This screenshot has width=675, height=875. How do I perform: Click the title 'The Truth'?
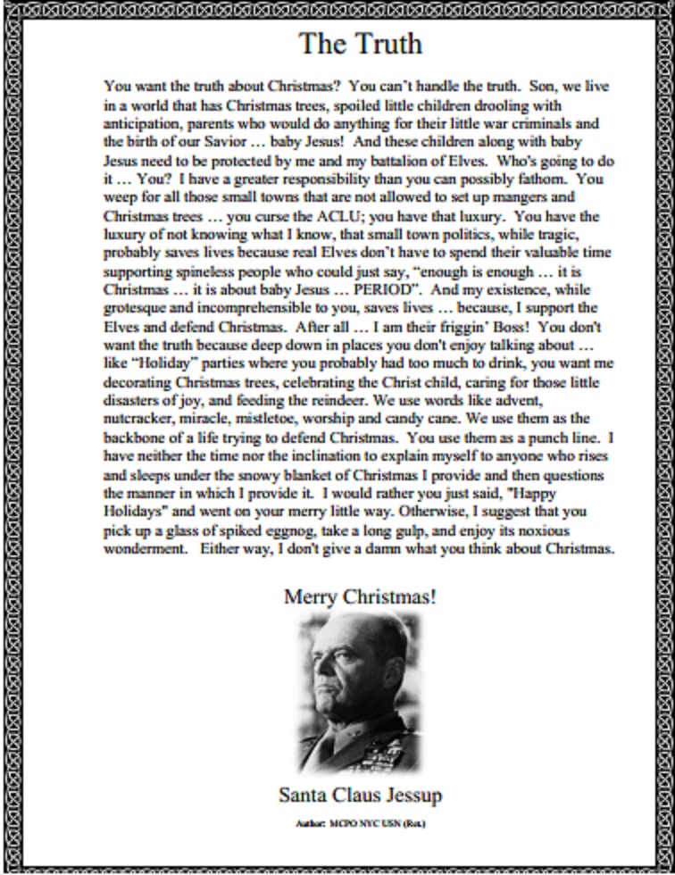coord(360,44)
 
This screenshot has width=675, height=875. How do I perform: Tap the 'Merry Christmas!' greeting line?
coord(360,596)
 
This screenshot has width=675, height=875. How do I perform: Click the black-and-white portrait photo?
coord(359,691)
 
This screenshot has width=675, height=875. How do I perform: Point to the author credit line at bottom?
coord(360,822)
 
